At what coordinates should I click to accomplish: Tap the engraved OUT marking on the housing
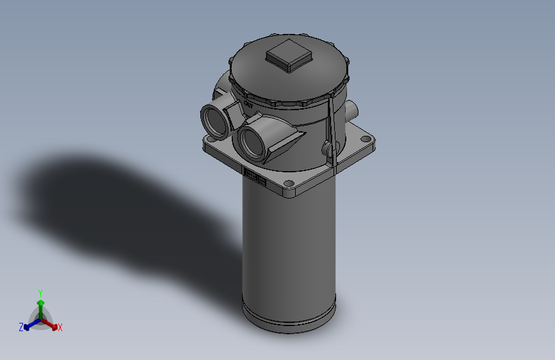(x=248, y=102)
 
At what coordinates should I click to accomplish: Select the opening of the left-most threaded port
(x=214, y=120)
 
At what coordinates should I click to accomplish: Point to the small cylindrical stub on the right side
(x=353, y=110)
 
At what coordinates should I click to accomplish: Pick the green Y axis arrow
(x=40, y=304)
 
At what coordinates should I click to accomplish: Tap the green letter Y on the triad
(x=40, y=292)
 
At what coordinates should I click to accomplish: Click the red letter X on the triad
(x=60, y=328)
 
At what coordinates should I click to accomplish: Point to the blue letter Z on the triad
(x=21, y=327)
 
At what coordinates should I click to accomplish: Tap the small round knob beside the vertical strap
(x=328, y=149)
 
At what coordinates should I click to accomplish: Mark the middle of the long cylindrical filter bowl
(x=289, y=250)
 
